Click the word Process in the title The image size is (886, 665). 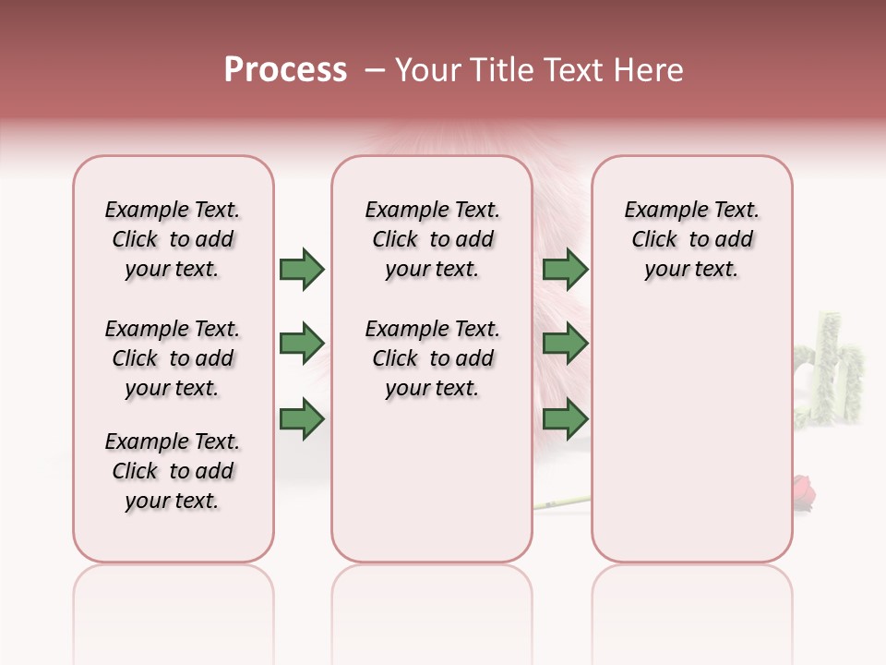click(285, 70)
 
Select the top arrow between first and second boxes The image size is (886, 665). click(302, 270)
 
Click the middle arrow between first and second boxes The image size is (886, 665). click(302, 344)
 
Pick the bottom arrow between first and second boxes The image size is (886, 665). click(302, 418)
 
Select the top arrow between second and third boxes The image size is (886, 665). click(565, 270)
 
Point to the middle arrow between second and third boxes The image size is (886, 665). click(565, 344)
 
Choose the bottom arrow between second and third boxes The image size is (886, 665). click(565, 418)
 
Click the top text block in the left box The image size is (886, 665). click(173, 239)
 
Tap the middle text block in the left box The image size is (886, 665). click(173, 358)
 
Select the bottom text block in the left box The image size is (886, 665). click(173, 471)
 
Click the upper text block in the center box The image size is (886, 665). click(432, 239)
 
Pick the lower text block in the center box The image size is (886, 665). click(432, 358)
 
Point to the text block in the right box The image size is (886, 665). click(691, 239)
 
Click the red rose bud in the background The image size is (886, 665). click(804, 490)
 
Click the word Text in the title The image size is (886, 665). click(571, 70)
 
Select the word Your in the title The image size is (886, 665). click(427, 70)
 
